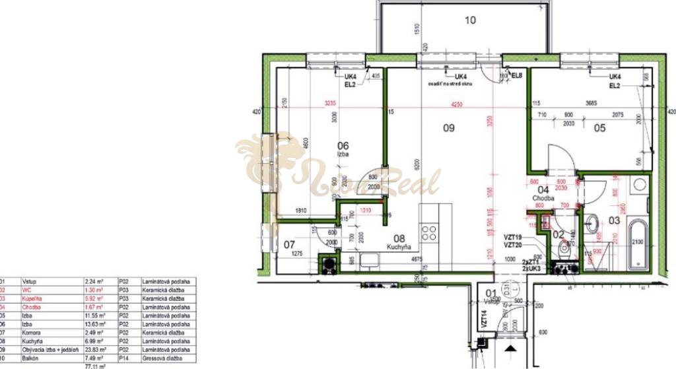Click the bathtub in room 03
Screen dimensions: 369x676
pos(638,245)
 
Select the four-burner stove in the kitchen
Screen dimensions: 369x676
pos(429,232)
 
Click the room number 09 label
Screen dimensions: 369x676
pos(448,129)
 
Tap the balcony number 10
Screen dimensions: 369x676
pos(469,20)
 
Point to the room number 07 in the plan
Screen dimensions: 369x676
pos(289,245)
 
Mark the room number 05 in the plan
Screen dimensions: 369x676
pos(599,129)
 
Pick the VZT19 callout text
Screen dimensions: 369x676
pos(514,237)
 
